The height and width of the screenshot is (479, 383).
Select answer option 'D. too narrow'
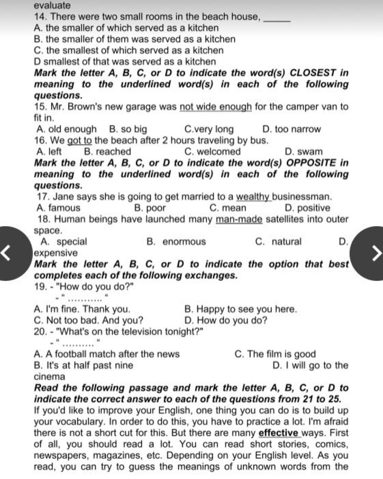coord(291,129)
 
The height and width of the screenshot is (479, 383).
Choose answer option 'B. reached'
coord(108,152)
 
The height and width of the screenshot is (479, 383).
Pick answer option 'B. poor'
coord(150,208)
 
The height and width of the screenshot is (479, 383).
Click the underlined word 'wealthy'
coord(253,197)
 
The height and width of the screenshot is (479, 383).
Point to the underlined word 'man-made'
coord(239,219)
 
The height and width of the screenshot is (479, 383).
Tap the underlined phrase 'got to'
coord(80,141)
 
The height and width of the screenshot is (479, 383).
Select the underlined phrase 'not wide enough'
coord(215,107)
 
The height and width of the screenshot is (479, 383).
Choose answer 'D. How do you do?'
coord(226,321)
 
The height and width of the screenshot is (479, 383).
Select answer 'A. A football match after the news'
coord(107,354)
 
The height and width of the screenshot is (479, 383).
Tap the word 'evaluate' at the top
coord(52,6)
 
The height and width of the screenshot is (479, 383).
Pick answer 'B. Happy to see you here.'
coord(240,309)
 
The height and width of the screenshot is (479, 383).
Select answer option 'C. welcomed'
coord(212,152)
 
